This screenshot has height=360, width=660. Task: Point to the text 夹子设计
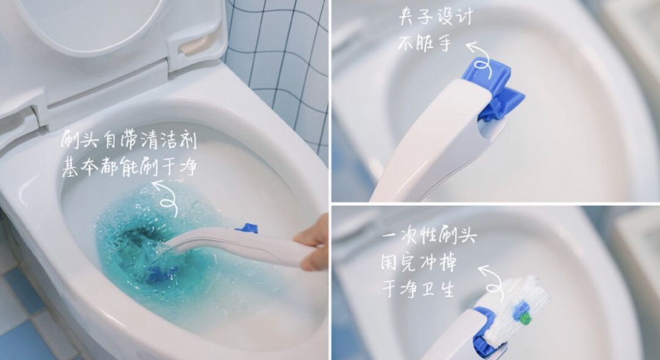(x=436, y=18)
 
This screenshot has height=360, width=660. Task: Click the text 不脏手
(x=425, y=43)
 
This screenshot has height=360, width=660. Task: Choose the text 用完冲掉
(x=419, y=263)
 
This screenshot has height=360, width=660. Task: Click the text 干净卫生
(x=418, y=288)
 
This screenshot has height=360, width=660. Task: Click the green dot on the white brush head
(x=524, y=318)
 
